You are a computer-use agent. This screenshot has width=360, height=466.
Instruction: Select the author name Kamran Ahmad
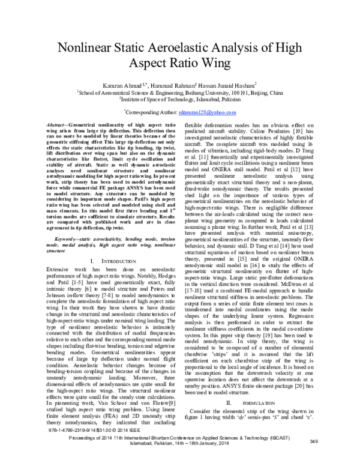121,86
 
